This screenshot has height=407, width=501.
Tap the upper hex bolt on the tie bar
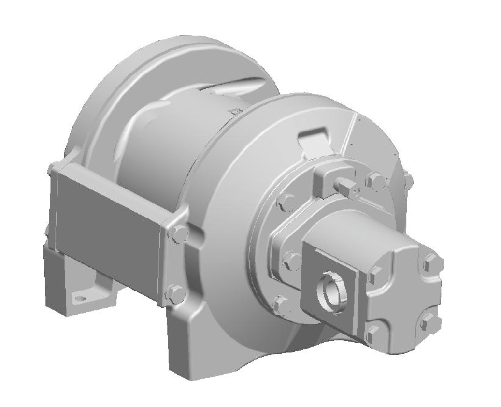pos(179,233)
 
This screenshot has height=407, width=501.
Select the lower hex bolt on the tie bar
pos(175,293)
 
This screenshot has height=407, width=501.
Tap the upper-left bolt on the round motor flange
pos(287,202)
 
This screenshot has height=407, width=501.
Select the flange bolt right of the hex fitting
pos(374,180)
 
